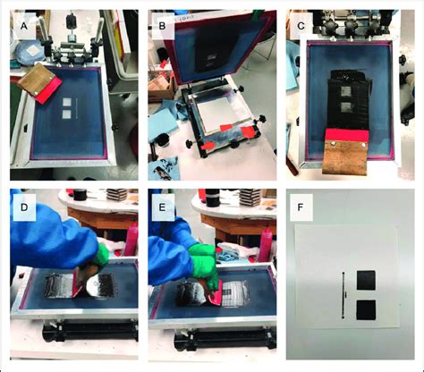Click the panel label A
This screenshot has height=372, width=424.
point(24,26)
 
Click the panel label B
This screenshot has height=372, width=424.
point(162,26)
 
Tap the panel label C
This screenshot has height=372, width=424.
point(301,26)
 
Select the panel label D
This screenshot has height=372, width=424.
point(24,207)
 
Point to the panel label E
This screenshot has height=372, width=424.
point(162,207)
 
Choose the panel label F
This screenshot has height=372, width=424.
point(301,207)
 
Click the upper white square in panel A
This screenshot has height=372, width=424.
point(67,102)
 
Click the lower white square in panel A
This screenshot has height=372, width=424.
point(67,114)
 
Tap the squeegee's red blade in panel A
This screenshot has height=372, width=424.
point(49,89)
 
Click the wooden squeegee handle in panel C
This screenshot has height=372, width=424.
point(345,157)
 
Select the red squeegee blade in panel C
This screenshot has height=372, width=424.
point(347,135)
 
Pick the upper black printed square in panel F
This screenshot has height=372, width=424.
point(366,280)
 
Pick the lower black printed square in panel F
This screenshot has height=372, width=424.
point(366,310)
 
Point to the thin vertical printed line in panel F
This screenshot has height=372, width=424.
point(343,295)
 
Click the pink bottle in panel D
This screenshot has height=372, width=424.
point(131,240)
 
